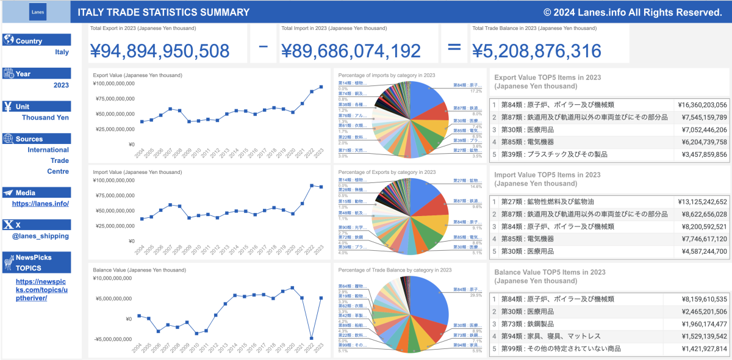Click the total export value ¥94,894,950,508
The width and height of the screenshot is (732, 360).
pyautogui.click(x=160, y=51)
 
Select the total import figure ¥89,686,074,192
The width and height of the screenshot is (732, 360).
pyautogui.click(x=351, y=51)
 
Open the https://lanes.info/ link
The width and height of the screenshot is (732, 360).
pyautogui.click(x=40, y=204)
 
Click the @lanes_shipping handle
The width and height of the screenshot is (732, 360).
pyautogui.click(x=42, y=236)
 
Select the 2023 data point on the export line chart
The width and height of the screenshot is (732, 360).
pyautogui.click(x=321, y=87)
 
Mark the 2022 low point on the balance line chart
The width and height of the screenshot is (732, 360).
pyautogui.click(x=312, y=338)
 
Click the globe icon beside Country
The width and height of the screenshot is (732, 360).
pyautogui.click(x=9, y=40)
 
